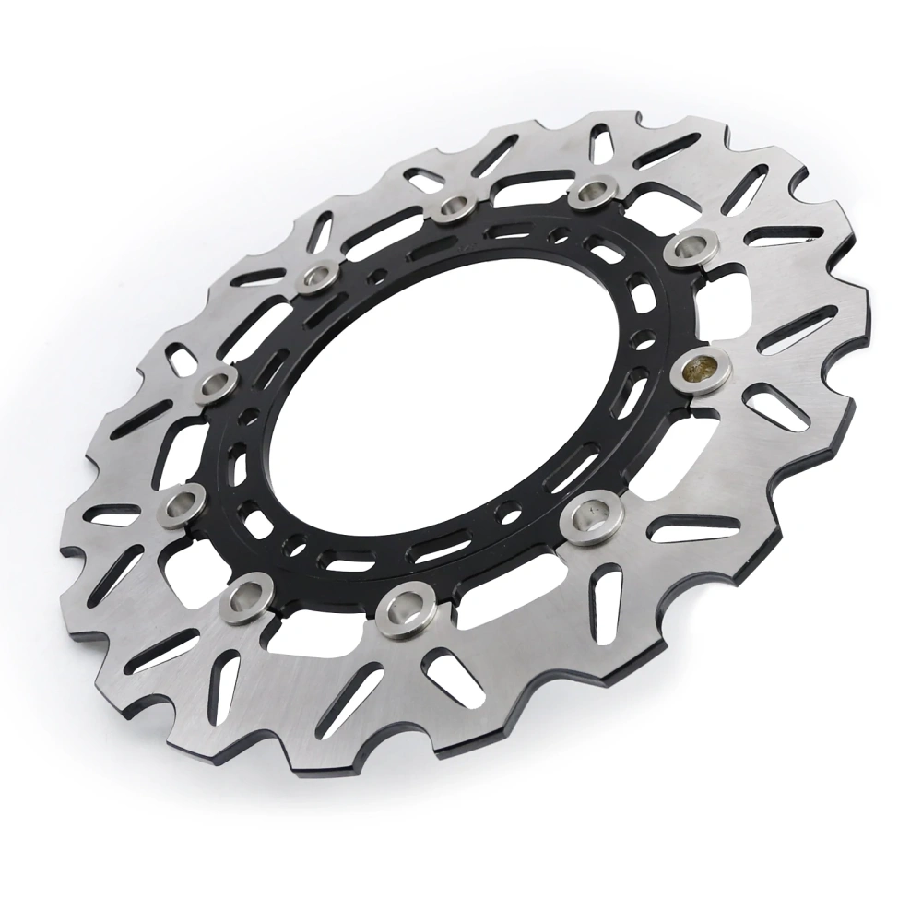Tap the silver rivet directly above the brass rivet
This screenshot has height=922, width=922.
(691, 246)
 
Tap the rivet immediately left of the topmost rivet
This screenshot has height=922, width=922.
(452, 207)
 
